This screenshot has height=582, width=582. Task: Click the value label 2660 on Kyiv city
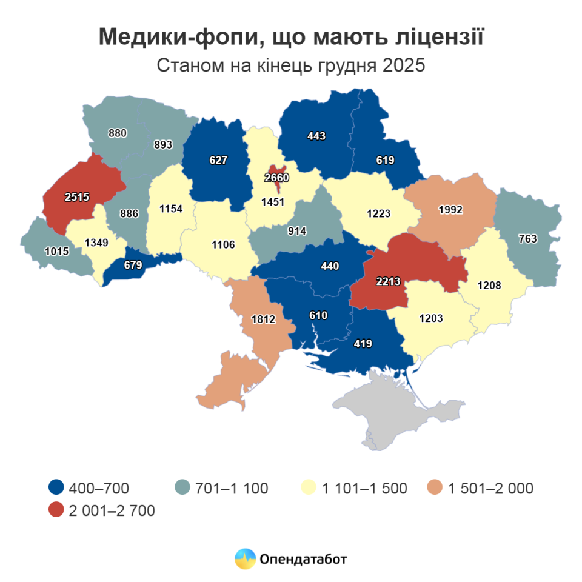(x=276, y=178)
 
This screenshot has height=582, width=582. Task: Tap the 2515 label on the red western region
(x=77, y=196)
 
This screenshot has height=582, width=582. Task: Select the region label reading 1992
(x=450, y=210)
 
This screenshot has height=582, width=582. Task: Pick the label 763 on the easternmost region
(x=527, y=239)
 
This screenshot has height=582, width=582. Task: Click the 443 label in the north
(x=316, y=136)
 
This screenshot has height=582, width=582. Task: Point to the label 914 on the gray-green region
(x=297, y=231)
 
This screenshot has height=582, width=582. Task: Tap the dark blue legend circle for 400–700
(x=56, y=487)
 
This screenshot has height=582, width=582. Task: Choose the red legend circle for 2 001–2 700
(x=56, y=510)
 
